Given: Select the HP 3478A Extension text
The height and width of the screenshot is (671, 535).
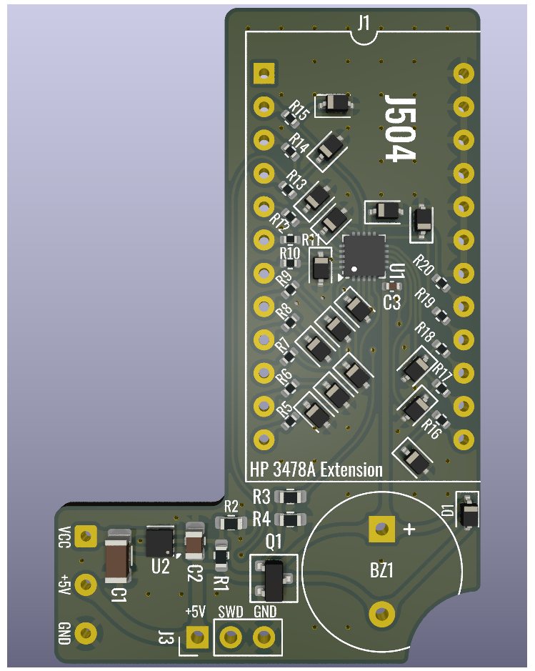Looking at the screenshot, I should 316,470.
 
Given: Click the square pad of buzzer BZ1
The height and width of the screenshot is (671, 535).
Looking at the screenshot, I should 381,529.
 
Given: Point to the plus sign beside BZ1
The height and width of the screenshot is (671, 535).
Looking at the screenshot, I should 409,529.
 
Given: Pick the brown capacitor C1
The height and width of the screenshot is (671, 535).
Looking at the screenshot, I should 117,559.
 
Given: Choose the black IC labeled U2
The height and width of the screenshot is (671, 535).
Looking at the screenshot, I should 159,542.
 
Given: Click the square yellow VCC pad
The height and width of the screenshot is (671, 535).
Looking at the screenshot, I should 86,535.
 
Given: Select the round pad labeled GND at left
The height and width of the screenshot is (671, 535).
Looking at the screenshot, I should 86,632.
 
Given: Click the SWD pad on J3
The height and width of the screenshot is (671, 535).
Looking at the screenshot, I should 230,636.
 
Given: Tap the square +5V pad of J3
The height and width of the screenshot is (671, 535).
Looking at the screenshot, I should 196,636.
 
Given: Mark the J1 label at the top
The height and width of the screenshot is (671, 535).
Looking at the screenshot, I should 363,24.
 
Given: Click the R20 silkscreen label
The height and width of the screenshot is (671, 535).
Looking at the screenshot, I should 424,265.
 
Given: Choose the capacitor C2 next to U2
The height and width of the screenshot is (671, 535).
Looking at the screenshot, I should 194,543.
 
